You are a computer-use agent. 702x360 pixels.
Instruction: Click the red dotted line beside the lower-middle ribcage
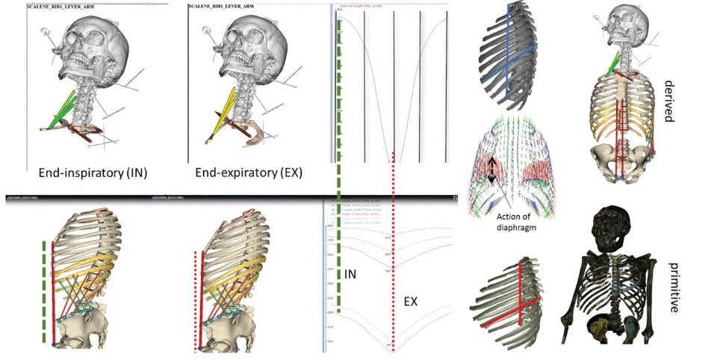pyautogui.click(x=196, y=299)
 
